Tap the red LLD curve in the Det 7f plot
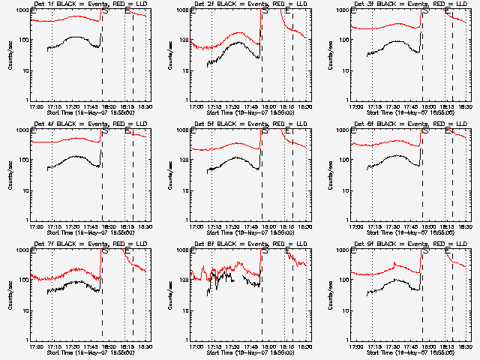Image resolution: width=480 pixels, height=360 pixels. tap(67, 271)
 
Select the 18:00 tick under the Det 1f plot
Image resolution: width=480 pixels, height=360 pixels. tap(108, 106)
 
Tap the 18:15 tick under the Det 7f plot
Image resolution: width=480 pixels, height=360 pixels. tap(126, 346)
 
